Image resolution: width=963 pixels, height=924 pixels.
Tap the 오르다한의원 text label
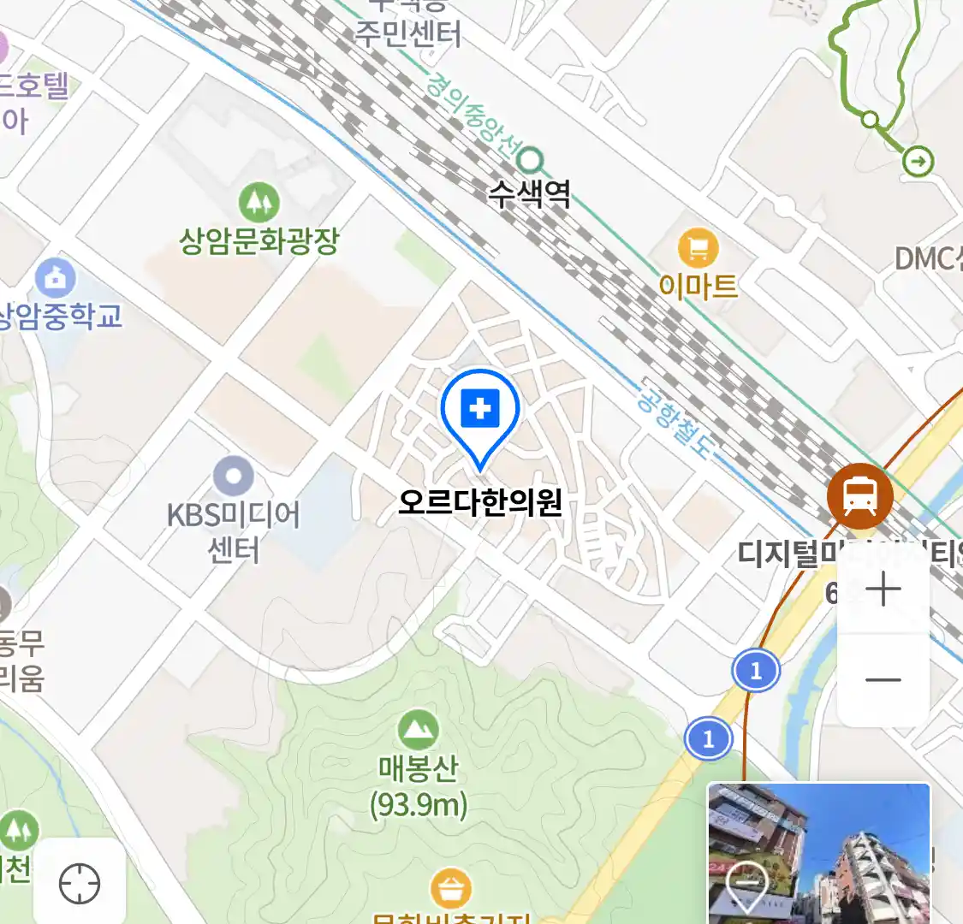(480, 502)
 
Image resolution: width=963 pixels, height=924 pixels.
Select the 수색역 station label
(529, 193)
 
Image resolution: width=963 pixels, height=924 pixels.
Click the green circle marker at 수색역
(532, 159)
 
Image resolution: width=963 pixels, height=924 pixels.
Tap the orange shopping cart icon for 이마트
(698, 249)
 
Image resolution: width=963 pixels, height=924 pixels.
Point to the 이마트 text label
(698, 286)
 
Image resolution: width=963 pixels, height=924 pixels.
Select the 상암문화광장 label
(259, 241)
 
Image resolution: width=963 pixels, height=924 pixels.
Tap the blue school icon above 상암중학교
(56, 278)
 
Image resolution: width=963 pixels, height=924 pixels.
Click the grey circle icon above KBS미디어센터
(233, 477)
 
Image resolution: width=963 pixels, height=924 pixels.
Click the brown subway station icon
(859, 495)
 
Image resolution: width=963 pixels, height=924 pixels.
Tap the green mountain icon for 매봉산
(418, 730)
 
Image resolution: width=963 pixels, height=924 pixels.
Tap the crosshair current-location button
(80, 883)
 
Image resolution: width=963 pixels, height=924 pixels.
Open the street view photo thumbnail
(818, 853)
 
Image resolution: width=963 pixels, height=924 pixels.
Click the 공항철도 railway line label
(675, 418)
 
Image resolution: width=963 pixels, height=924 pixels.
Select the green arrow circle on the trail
(918, 161)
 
